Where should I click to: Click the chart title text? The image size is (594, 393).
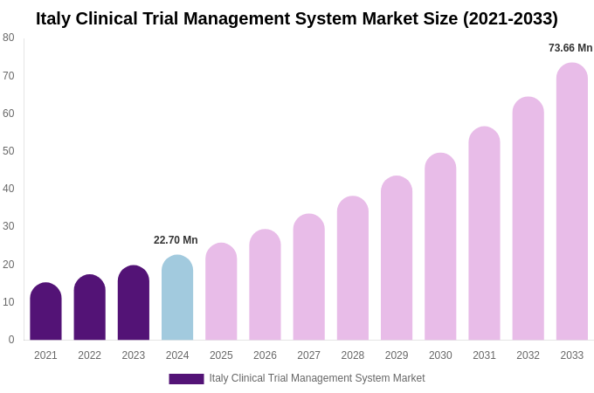click(x=297, y=18)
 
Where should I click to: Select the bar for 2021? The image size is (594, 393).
click(x=45, y=312)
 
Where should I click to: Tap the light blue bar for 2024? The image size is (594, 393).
click(x=177, y=298)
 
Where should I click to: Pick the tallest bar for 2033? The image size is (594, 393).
click(x=572, y=202)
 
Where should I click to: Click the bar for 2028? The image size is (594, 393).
click(x=353, y=268)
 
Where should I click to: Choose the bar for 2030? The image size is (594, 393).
click(x=440, y=246)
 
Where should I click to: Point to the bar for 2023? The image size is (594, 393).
click(x=134, y=303)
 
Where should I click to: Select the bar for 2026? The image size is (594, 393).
click(x=265, y=285)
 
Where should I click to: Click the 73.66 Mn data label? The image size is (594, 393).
click(x=570, y=48)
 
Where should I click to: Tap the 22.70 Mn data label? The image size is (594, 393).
click(x=176, y=240)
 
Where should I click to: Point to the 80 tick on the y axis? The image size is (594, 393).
click(x=9, y=38)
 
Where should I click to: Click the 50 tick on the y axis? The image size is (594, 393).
click(x=9, y=151)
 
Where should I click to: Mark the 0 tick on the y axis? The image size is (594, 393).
click(x=10, y=340)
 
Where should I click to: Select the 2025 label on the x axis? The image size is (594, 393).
click(x=221, y=355)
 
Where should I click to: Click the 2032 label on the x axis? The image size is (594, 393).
click(x=528, y=355)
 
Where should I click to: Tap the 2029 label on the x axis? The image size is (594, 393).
click(x=397, y=355)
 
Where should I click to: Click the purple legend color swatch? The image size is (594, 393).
click(x=186, y=379)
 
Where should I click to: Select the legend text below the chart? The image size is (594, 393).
click(x=316, y=378)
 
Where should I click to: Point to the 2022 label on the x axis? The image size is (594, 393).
click(x=89, y=355)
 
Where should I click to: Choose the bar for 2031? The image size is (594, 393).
click(x=484, y=233)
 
